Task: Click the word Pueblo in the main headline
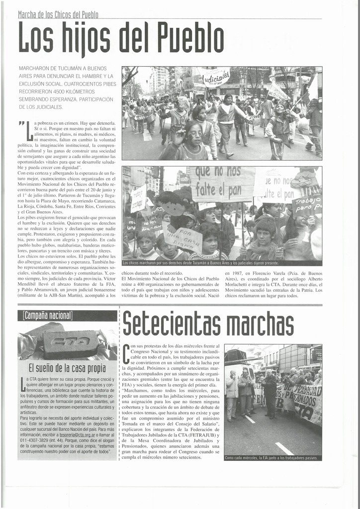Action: pos(183,38)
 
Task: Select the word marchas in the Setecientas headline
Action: pos(260,324)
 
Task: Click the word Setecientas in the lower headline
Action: pos(172,324)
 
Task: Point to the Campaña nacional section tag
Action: pos(48,316)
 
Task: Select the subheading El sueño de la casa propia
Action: pos(67,368)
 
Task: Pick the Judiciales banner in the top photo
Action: pos(215,78)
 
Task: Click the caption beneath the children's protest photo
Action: pos(222,263)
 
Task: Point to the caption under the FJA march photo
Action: pos(272,458)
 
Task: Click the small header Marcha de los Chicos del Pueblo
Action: pos(58,15)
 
